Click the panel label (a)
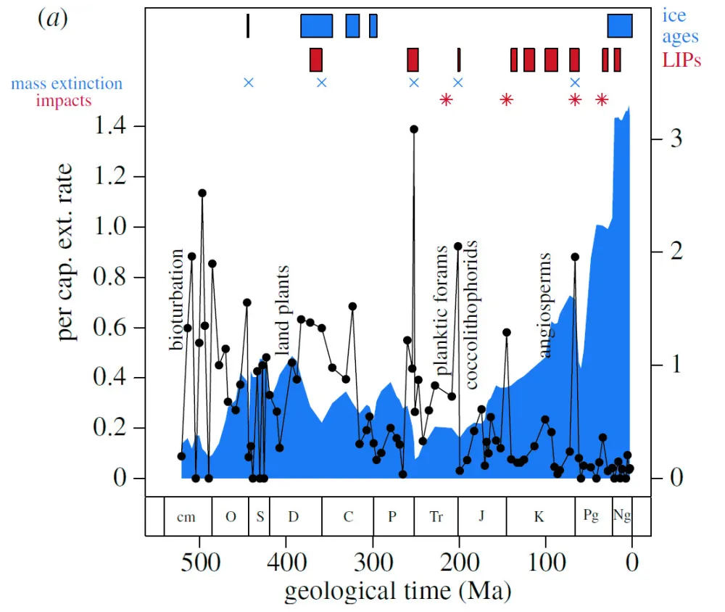52,19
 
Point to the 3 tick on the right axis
675,138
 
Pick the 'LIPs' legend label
681,60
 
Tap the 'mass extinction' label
67,83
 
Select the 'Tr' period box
436,516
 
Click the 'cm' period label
187,516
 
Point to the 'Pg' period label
592,516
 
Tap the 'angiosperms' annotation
545,305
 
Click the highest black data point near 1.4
414,129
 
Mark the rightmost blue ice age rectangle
619,25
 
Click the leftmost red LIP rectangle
315,59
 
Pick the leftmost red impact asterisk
446,99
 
